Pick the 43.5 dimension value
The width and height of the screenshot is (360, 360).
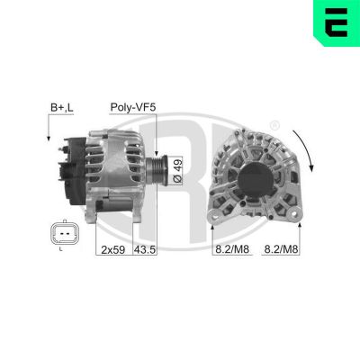point(145,249)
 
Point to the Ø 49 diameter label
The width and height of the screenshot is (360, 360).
point(176,168)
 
